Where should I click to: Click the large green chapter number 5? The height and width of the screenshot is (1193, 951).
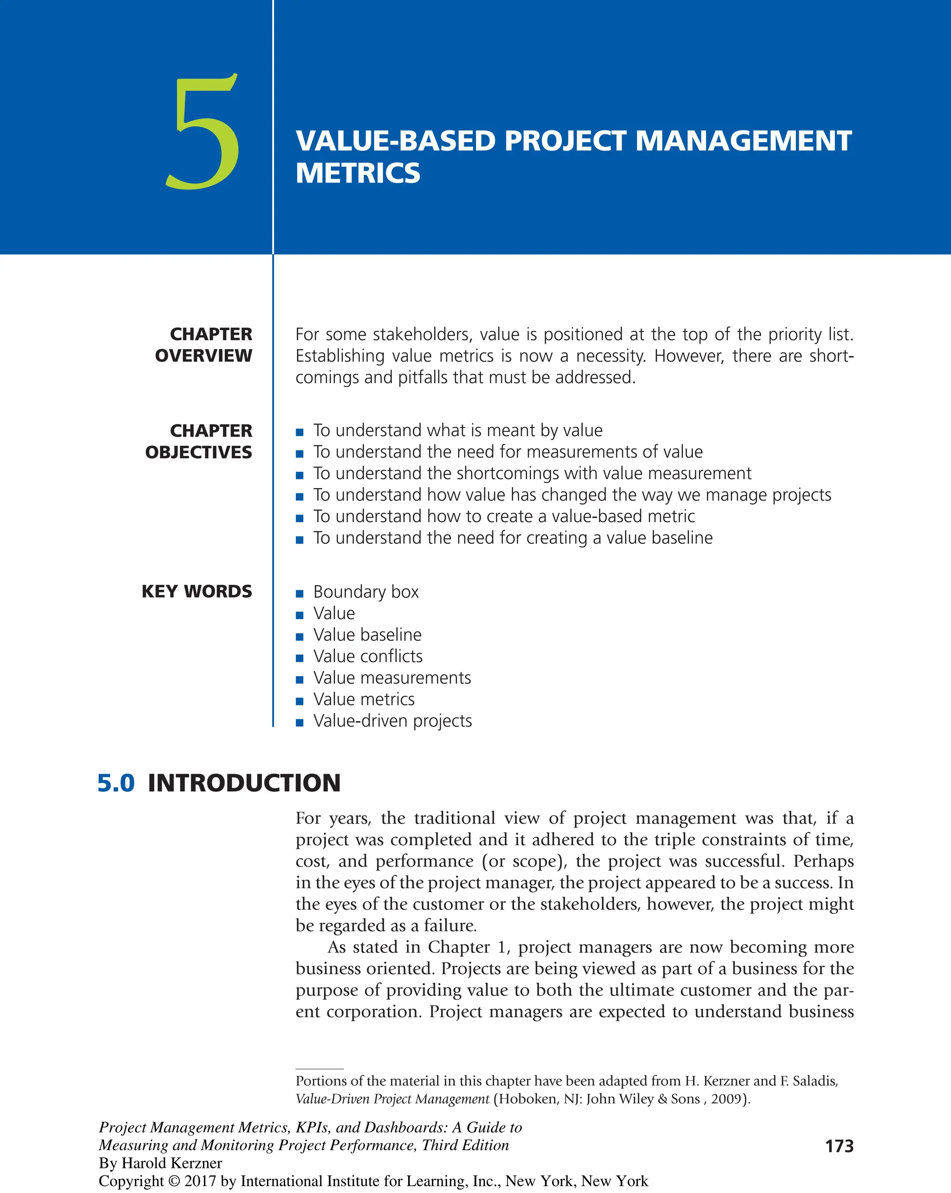tap(203, 133)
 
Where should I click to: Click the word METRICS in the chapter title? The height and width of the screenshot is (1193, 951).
tap(358, 173)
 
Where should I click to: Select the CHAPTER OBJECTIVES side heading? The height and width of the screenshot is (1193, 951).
tap(199, 441)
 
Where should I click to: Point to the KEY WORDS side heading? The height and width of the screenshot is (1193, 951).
tap(197, 592)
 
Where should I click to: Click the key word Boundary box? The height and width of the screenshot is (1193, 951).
tap(366, 592)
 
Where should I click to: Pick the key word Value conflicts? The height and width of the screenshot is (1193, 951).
tap(368, 656)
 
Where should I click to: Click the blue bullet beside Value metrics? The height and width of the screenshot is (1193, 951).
tap(300, 701)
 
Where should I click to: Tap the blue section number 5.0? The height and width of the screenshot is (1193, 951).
tap(116, 783)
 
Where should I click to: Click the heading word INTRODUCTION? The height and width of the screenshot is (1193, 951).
tap(244, 783)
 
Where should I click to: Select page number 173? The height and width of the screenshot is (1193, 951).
tap(839, 1146)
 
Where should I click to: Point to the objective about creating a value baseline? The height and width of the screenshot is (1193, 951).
tap(513, 538)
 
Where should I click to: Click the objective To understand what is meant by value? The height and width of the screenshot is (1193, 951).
tap(457, 430)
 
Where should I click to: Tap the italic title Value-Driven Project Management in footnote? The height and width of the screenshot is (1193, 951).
tap(392, 1099)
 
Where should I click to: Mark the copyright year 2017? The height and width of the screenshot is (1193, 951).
tap(200, 1181)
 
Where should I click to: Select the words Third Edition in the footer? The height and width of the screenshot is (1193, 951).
tap(465, 1145)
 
